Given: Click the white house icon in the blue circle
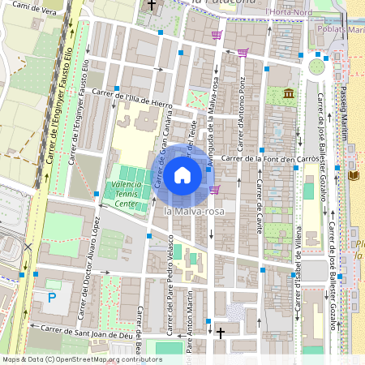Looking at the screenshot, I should click(x=182, y=175).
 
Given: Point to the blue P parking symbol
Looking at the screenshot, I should click(x=52, y=298).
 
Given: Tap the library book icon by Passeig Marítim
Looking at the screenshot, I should click(x=353, y=174).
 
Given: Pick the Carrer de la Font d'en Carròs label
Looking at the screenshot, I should click(x=268, y=158).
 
